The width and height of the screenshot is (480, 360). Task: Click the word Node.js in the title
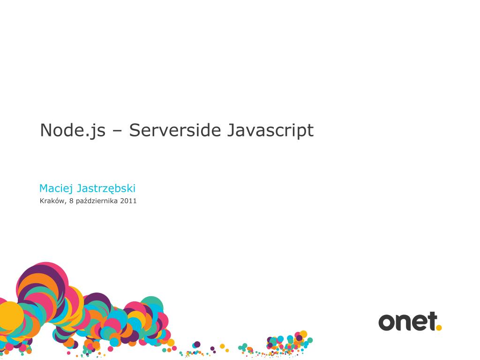(72, 130)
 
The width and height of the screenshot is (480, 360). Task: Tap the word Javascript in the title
(270, 130)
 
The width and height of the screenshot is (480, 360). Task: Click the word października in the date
(97, 202)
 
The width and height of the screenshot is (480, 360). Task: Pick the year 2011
(128, 202)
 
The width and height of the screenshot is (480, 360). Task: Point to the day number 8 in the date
(71, 202)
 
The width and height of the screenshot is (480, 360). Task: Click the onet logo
(410, 322)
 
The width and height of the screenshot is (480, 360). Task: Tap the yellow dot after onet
(439, 328)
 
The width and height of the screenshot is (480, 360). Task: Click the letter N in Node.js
(45, 130)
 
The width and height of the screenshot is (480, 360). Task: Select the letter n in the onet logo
(403, 322)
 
